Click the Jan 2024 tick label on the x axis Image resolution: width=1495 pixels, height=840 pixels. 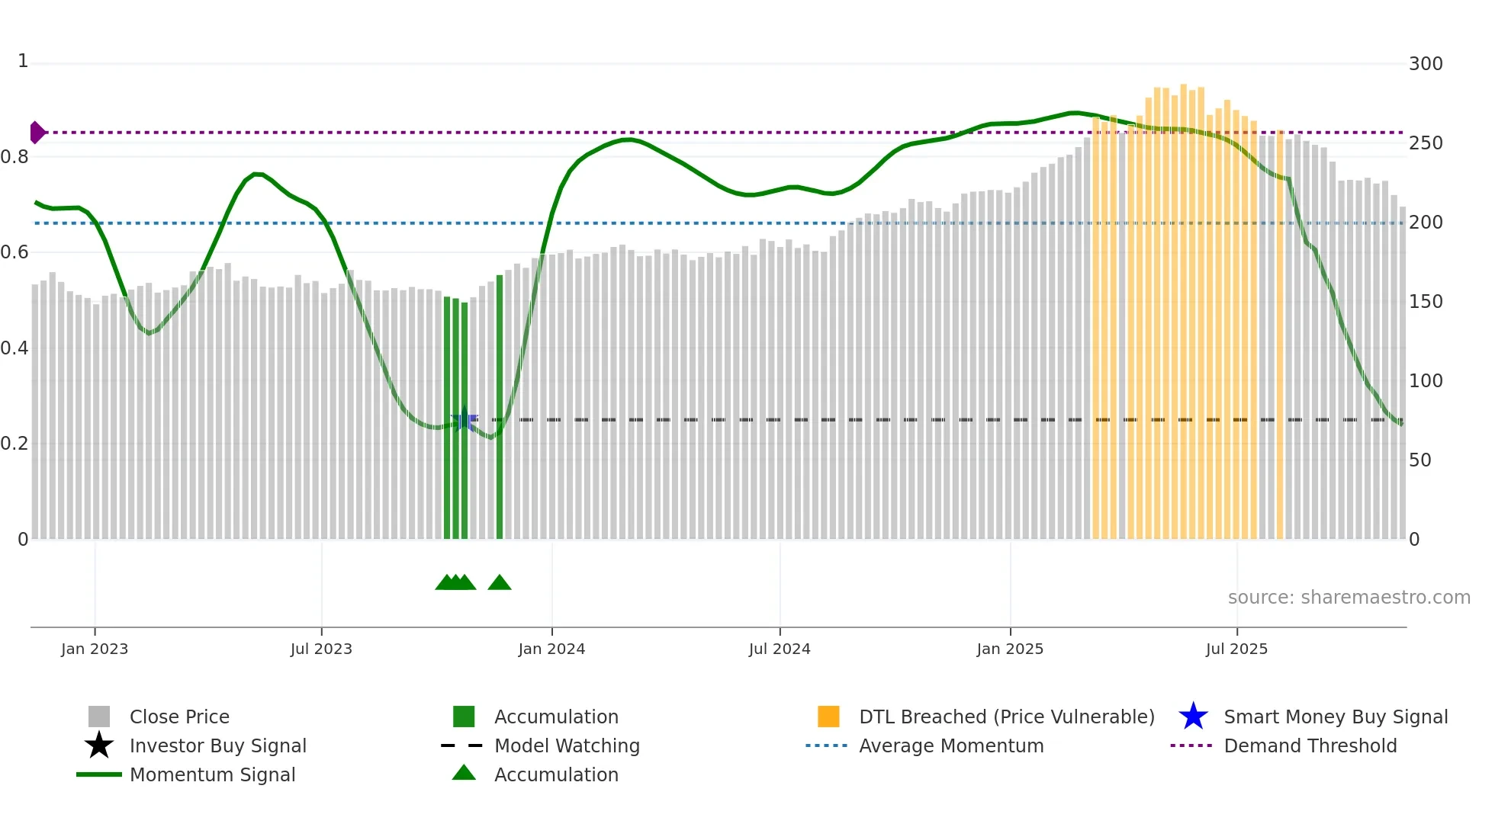coord(551,649)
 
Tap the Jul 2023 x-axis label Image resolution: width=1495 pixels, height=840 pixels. coord(321,649)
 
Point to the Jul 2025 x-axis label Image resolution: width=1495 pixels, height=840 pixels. coord(1236,649)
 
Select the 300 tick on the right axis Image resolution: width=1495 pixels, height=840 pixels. coord(1425,64)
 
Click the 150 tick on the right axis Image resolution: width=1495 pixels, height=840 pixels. coord(1425,302)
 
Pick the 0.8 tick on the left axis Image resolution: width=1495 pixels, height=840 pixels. coord(14,157)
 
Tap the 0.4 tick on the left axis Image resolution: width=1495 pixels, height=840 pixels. coord(14,348)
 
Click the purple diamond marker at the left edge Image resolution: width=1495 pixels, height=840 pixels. coord(37,133)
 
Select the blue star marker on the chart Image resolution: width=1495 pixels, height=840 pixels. coord(464,419)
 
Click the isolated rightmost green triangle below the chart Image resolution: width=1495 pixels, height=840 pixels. coord(500,583)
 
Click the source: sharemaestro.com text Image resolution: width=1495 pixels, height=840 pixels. coord(1349,598)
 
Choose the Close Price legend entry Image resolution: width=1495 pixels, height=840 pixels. coord(179,717)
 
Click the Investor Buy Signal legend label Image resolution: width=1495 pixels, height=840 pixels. coord(217,745)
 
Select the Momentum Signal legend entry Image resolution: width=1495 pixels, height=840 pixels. coord(212,774)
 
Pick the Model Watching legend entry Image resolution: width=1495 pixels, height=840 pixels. coord(567,745)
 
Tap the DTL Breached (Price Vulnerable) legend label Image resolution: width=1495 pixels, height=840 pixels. coord(1006,717)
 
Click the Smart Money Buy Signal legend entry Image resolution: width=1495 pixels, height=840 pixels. coord(1335,717)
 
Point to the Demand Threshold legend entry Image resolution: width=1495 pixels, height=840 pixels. coord(1310,745)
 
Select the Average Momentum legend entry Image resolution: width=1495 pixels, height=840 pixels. coord(951,745)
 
